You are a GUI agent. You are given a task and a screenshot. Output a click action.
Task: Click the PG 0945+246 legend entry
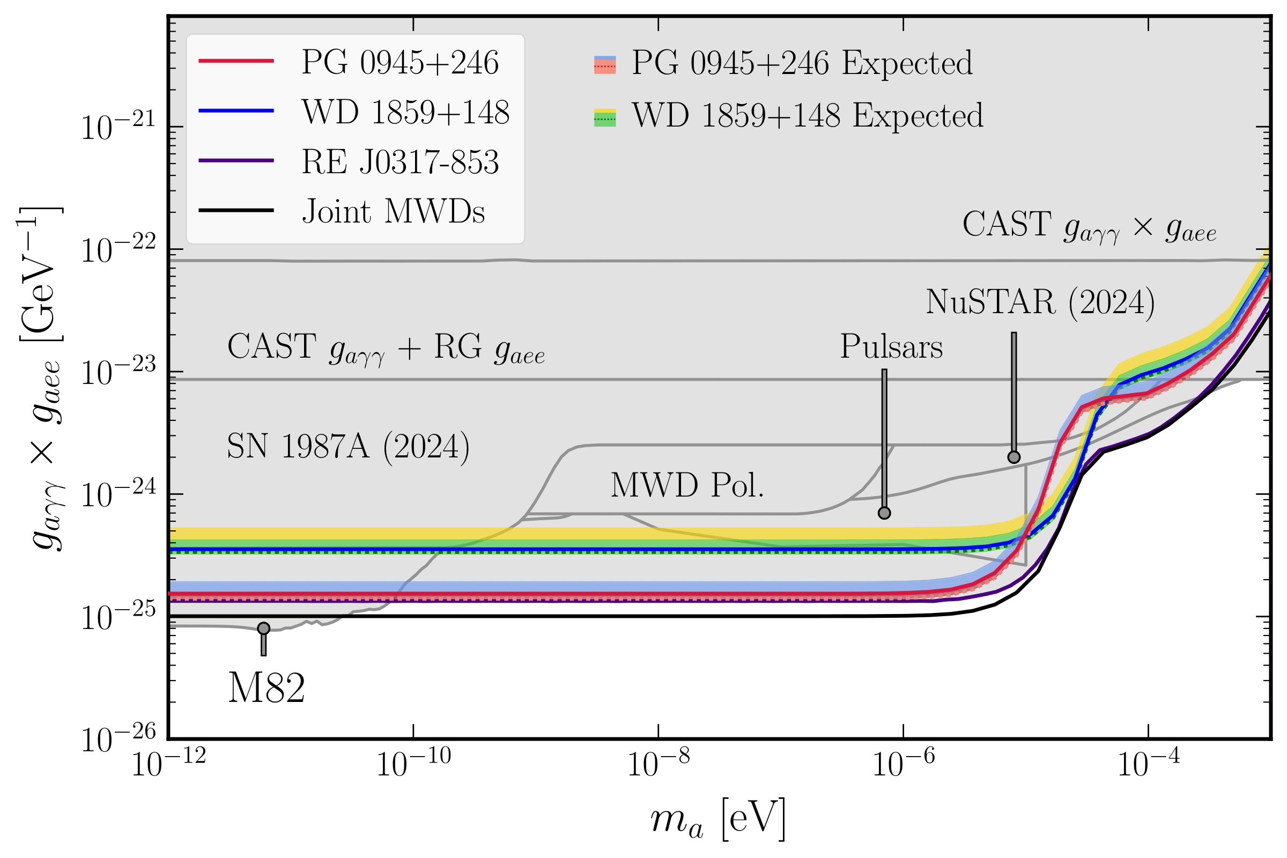[x=400, y=62]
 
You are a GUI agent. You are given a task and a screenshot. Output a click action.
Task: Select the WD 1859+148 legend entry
[x=405, y=112]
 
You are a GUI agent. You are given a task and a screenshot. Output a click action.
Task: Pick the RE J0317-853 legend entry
[x=400, y=162]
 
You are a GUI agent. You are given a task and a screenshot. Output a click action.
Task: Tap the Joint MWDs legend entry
[x=393, y=212]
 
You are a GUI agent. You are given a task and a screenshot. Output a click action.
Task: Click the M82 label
[x=267, y=689]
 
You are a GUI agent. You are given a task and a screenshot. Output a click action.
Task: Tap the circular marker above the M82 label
[x=264, y=628]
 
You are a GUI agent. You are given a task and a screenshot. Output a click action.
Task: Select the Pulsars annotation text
[x=891, y=347]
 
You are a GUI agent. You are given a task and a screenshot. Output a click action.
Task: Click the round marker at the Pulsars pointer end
[x=884, y=513]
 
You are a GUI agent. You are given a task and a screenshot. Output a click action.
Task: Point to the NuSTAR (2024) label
[x=1040, y=302]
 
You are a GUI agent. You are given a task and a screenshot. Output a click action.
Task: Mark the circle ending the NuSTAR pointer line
[x=1014, y=457]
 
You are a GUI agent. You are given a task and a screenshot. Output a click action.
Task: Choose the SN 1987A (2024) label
[x=348, y=447]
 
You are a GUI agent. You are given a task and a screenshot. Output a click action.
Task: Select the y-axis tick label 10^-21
[x=118, y=127]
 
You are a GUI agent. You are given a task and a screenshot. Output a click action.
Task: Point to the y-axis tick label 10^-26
[x=118, y=739]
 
